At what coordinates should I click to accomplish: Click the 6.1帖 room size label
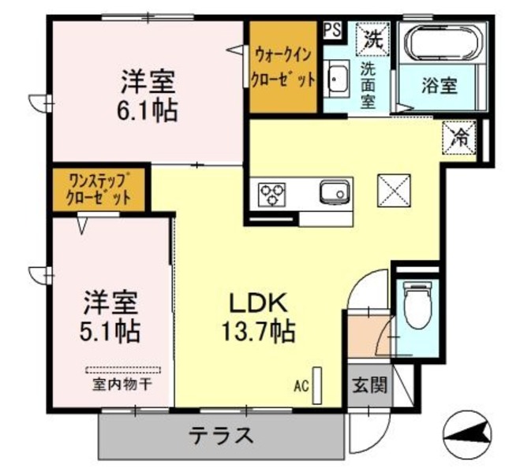148,109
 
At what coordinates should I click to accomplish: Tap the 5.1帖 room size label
111,329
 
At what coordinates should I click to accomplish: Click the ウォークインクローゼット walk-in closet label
284,67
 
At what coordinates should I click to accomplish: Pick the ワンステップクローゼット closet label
99,189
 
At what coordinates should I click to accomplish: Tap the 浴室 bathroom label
439,84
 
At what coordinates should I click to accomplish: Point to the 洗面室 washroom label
369,84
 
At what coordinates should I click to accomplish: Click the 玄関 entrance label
368,386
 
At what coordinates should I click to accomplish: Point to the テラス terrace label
221,435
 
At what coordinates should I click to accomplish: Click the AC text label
301,387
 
